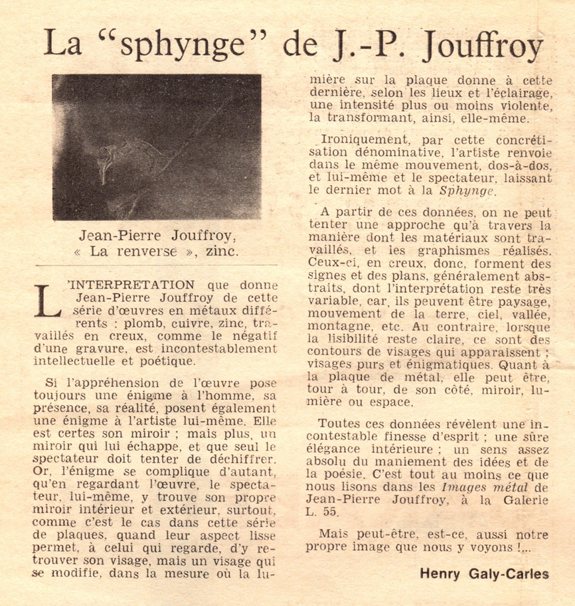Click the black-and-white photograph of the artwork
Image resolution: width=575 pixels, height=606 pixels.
pos(157,147)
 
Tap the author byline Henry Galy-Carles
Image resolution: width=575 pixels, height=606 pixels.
pos(484,573)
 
